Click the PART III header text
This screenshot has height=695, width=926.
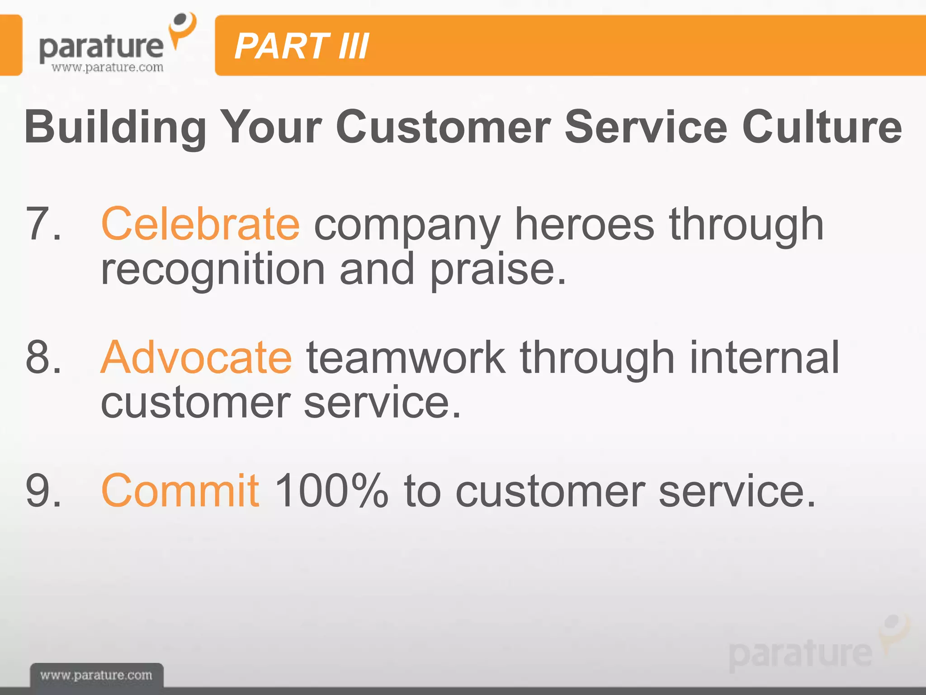point(302,46)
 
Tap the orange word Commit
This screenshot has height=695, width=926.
point(180,490)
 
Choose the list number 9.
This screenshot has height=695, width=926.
point(43,490)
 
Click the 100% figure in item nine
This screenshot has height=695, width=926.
point(331,490)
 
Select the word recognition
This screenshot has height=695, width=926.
point(213,270)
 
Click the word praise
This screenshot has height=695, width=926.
point(497,270)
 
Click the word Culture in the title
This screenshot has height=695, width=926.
point(822,127)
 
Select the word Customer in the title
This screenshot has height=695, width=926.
point(443,127)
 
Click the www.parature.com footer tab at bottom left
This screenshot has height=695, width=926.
point(96,675)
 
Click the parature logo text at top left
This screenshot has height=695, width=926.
point(101,48)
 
